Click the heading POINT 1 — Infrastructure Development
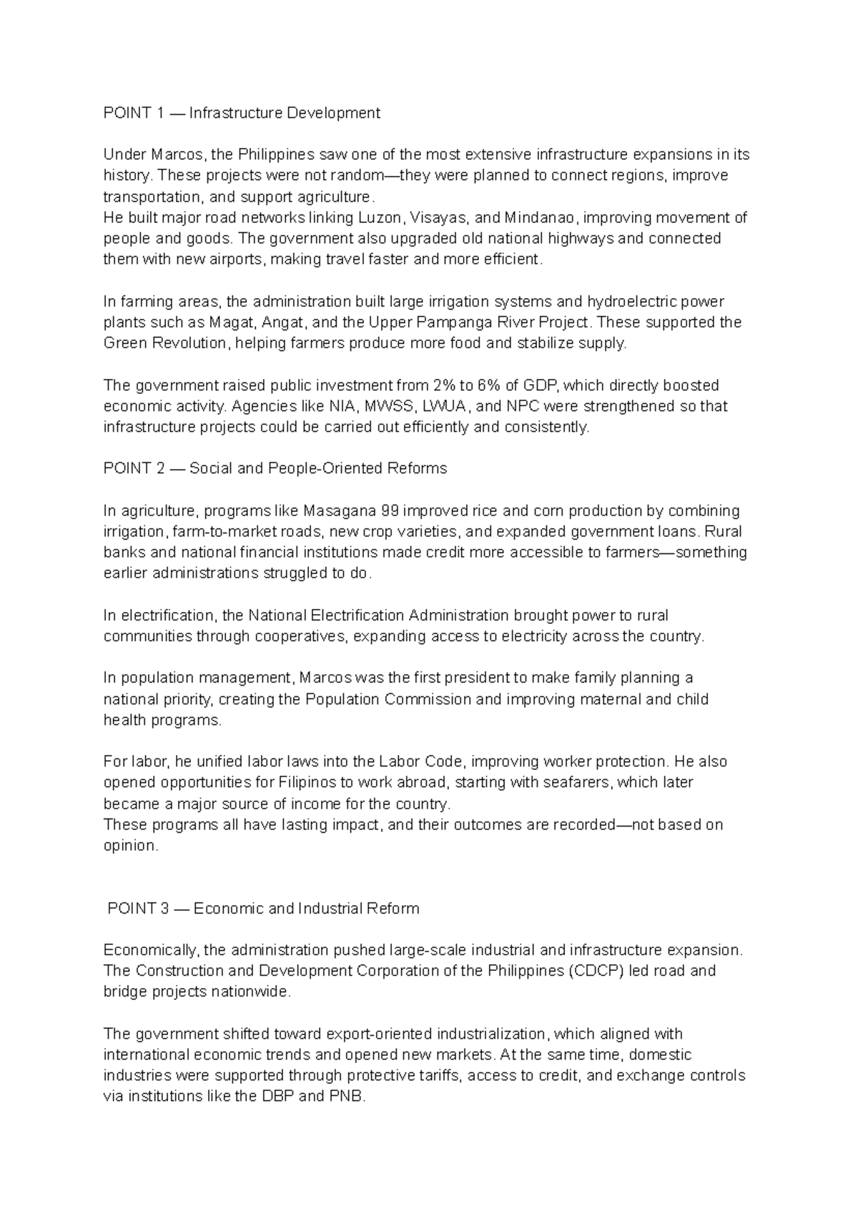(x=242, y=113)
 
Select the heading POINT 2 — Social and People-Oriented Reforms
(x=275, y=468)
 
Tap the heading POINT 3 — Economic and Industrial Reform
(x=262, y=909)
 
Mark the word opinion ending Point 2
(x=129, y=846)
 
